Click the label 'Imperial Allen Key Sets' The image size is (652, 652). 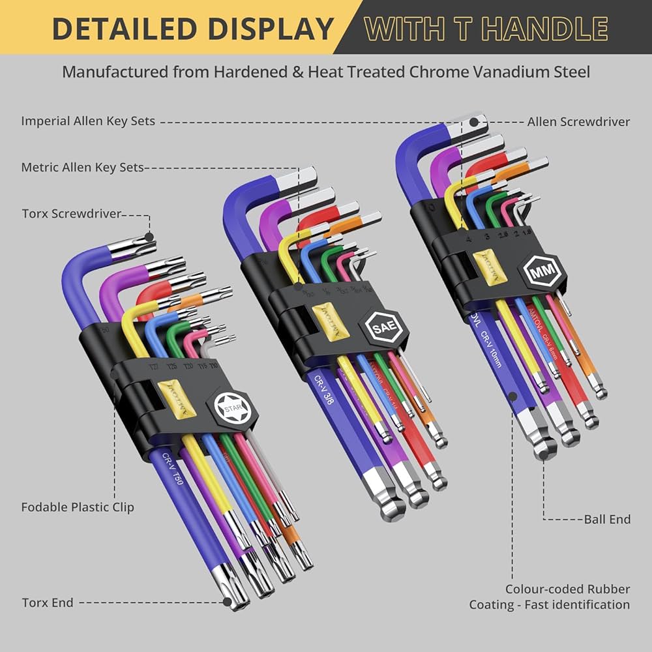pyautogui.click(x=88, y=121)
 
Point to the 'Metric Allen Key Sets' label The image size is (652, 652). pyautogui.click(x=82, y=168)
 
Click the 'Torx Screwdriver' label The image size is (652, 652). pyautogui.click(x=72, y=213)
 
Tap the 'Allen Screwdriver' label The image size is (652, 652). pyautogui.click(x=578, y=121)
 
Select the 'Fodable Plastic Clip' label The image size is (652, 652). pyautogui.click(x=78, y=507)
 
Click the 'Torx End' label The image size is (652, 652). pyautogui.click(x=48, y=602)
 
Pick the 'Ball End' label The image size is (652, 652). pyautogui.click(x=607, y=519)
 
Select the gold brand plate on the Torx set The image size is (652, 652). pyautogui.click(x=175, y=396)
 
